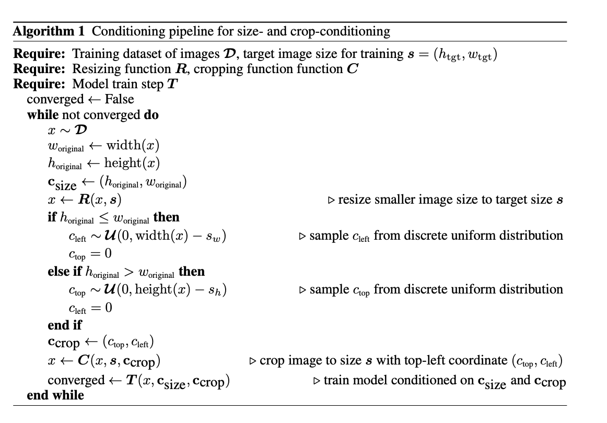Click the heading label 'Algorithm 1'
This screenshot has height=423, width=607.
point(48,32)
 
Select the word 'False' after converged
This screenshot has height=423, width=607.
point(119,99)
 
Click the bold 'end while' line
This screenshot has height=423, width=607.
point(55,395)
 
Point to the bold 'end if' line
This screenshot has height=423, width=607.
point(65,325)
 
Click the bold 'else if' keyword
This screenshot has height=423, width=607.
point(65,272)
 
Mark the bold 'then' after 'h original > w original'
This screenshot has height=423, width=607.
point(192,272)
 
